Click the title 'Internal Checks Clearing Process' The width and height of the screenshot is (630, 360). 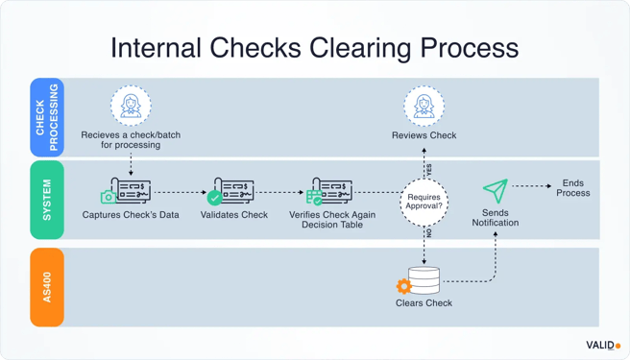click(314, 47)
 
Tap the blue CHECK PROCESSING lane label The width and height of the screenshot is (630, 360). click(47, 117)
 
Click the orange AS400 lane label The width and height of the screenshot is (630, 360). click(47, 286)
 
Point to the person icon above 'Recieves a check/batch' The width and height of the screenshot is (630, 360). click(131, 106)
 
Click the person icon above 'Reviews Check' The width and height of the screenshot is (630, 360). click(424, 106)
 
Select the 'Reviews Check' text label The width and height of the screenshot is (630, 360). click(424, 136)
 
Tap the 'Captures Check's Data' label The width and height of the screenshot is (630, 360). click(131, 215)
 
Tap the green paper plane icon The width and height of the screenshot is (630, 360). click(495, 189)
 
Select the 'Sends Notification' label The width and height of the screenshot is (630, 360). click(495, 217)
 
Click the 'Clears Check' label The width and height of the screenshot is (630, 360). click(424, 303)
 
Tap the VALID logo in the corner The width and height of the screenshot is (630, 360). click(603, 345)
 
